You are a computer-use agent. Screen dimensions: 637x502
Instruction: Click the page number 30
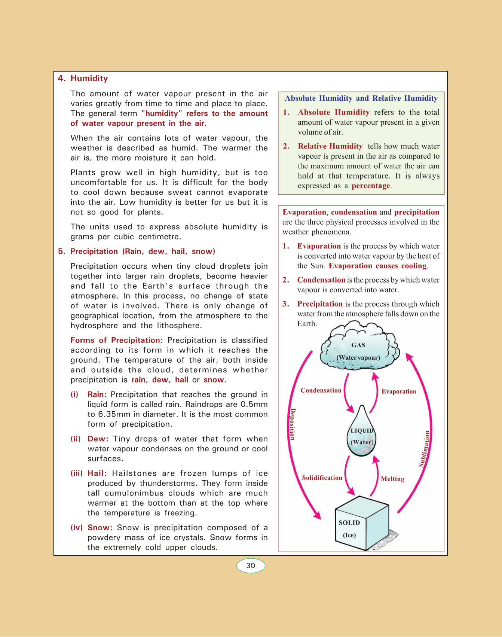(251, 566)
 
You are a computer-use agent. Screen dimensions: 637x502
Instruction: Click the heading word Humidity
(89, 78)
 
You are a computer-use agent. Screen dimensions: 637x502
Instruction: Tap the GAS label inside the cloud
(358, 345)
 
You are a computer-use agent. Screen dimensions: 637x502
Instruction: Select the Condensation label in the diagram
(321, 390)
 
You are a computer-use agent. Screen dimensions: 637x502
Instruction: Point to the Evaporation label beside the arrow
(399, 391)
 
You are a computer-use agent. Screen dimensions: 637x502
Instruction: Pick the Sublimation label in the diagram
(424, 449)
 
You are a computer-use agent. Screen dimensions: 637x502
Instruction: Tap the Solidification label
(322, 478)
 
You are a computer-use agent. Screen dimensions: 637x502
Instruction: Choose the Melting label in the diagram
(392, 479)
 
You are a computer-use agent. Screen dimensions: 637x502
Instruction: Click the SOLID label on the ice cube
(349, 522)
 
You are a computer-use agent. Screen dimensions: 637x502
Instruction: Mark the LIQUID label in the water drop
(362, 430)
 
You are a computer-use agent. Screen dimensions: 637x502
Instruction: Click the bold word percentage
(371, 186)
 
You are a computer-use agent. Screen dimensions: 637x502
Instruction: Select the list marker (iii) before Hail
(77, 473)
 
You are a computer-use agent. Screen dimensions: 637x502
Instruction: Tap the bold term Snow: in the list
(100, 527)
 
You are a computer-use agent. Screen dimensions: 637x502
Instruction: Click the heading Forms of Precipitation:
(117, 340)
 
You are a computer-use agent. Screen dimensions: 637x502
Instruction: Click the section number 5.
(61, 252)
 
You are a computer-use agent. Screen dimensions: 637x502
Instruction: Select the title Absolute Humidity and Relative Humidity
(361, 98)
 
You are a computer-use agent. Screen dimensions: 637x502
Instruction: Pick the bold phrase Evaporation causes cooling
(377, 266)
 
